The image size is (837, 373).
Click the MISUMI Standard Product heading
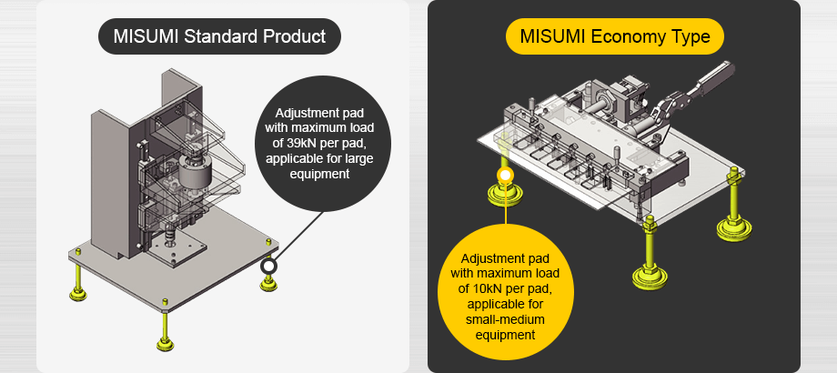point(219,37)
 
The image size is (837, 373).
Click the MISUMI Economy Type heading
point(614,37)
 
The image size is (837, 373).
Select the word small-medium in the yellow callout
point(503,319)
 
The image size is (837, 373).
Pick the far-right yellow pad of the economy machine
point(734,226)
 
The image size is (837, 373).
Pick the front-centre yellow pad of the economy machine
point(650,272)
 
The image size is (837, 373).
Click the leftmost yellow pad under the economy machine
point(501,193)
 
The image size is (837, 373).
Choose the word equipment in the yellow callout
point(503,334)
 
